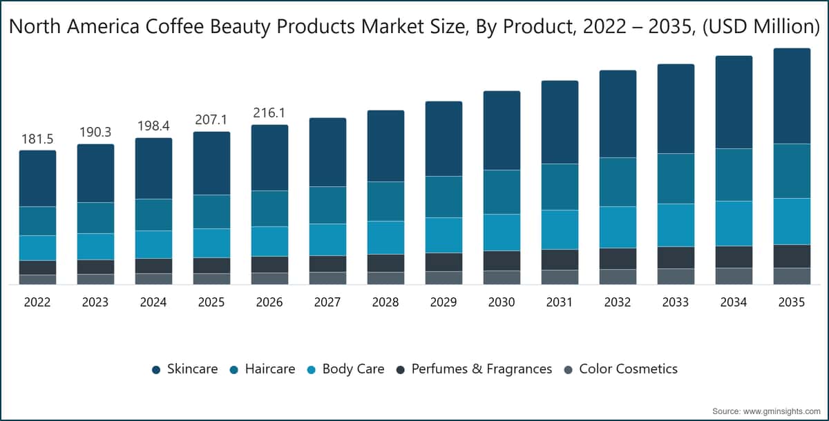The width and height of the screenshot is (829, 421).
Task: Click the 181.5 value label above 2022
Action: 37,139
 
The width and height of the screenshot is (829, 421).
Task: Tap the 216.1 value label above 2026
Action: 269,112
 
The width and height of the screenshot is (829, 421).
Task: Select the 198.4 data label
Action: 153,126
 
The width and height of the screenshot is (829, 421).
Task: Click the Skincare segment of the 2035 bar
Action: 792,96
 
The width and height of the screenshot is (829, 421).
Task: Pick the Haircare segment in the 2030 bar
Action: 502,192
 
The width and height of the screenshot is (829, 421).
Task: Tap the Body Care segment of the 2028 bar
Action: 385,237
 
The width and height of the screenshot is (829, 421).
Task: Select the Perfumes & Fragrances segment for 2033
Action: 676,257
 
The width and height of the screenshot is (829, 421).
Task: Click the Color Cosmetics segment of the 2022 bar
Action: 38,280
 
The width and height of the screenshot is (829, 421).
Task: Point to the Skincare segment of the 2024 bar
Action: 153,168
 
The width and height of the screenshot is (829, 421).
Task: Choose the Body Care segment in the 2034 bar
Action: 734,223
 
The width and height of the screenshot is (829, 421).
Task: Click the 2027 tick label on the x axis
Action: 327,302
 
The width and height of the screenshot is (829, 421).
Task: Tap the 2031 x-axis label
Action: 560,302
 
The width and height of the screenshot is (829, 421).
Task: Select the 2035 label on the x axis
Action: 792,302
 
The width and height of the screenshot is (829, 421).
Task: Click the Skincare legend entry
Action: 184,369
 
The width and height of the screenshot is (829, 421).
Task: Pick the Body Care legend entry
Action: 345,369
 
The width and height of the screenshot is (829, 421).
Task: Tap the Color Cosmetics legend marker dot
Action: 568,370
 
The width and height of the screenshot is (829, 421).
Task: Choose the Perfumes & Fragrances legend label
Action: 482,369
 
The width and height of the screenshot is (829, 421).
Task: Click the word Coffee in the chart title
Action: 174,26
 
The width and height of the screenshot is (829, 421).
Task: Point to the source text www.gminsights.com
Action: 782,411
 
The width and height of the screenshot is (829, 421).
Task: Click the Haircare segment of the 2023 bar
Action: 96,217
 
